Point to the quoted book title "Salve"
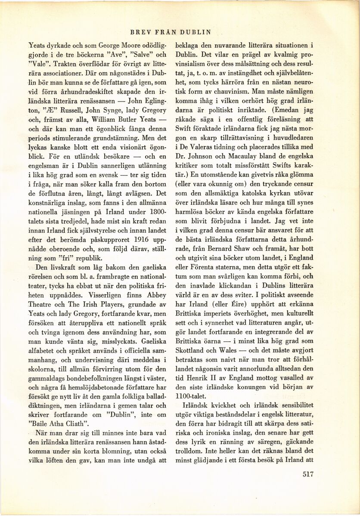click(x=138, y=55)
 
